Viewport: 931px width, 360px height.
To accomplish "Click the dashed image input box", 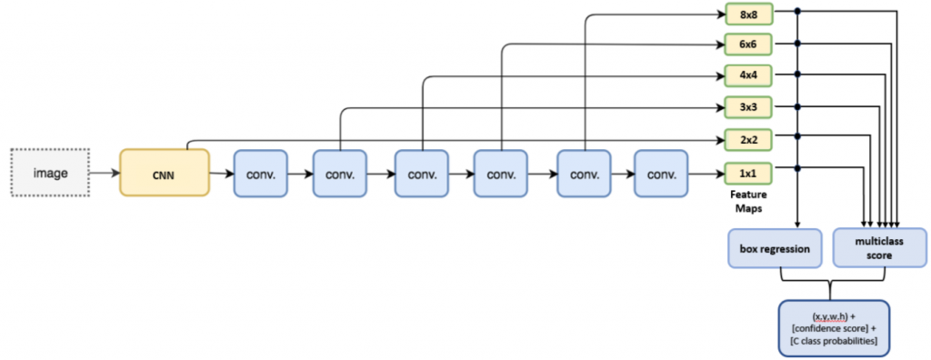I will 51,173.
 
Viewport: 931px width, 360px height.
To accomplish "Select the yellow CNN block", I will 165,173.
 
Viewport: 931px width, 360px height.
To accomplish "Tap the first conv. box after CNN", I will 260,173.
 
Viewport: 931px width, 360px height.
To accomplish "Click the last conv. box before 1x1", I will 660,173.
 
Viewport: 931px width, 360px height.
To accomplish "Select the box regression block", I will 775,248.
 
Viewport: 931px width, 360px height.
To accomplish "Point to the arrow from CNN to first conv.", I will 221,173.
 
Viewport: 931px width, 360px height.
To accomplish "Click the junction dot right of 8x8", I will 798,12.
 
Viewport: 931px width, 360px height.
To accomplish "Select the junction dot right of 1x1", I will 798,168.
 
